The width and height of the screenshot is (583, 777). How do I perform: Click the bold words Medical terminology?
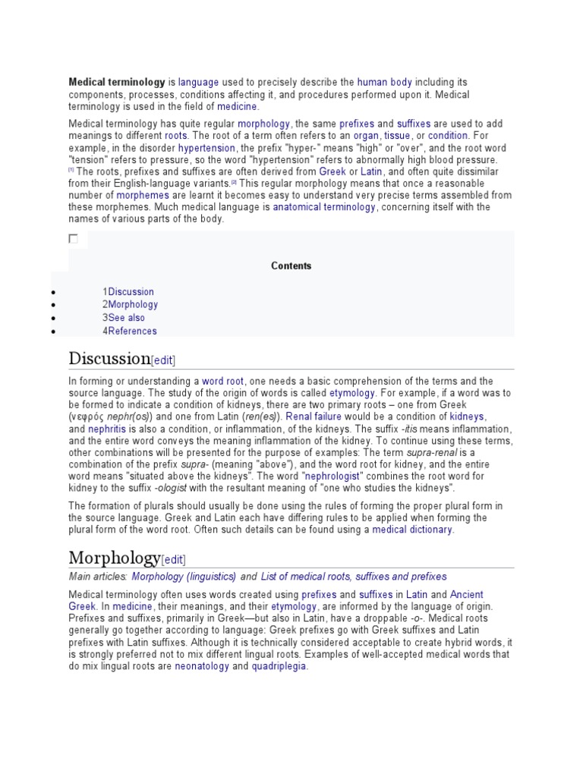click(117, 82)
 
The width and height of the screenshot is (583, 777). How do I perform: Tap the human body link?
click(384, 82)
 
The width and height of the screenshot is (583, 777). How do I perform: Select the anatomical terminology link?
click(324, 207)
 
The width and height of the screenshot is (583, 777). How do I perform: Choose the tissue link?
click(398, 136)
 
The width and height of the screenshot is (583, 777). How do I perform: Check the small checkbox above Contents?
click(74, 239)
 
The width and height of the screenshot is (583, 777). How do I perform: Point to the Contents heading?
click(291, 266)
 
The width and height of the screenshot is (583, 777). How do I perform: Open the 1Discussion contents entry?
click(128, 291)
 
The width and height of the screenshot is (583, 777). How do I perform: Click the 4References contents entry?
click(130, 331)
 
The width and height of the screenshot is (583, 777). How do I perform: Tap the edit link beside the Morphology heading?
click(173, 560)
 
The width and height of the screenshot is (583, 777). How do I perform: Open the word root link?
click(222, 381)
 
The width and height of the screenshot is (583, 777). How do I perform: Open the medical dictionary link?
click(412, 530)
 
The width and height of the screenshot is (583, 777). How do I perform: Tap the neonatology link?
click(202, 666)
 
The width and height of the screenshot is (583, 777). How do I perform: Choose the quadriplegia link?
click(279, 666)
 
